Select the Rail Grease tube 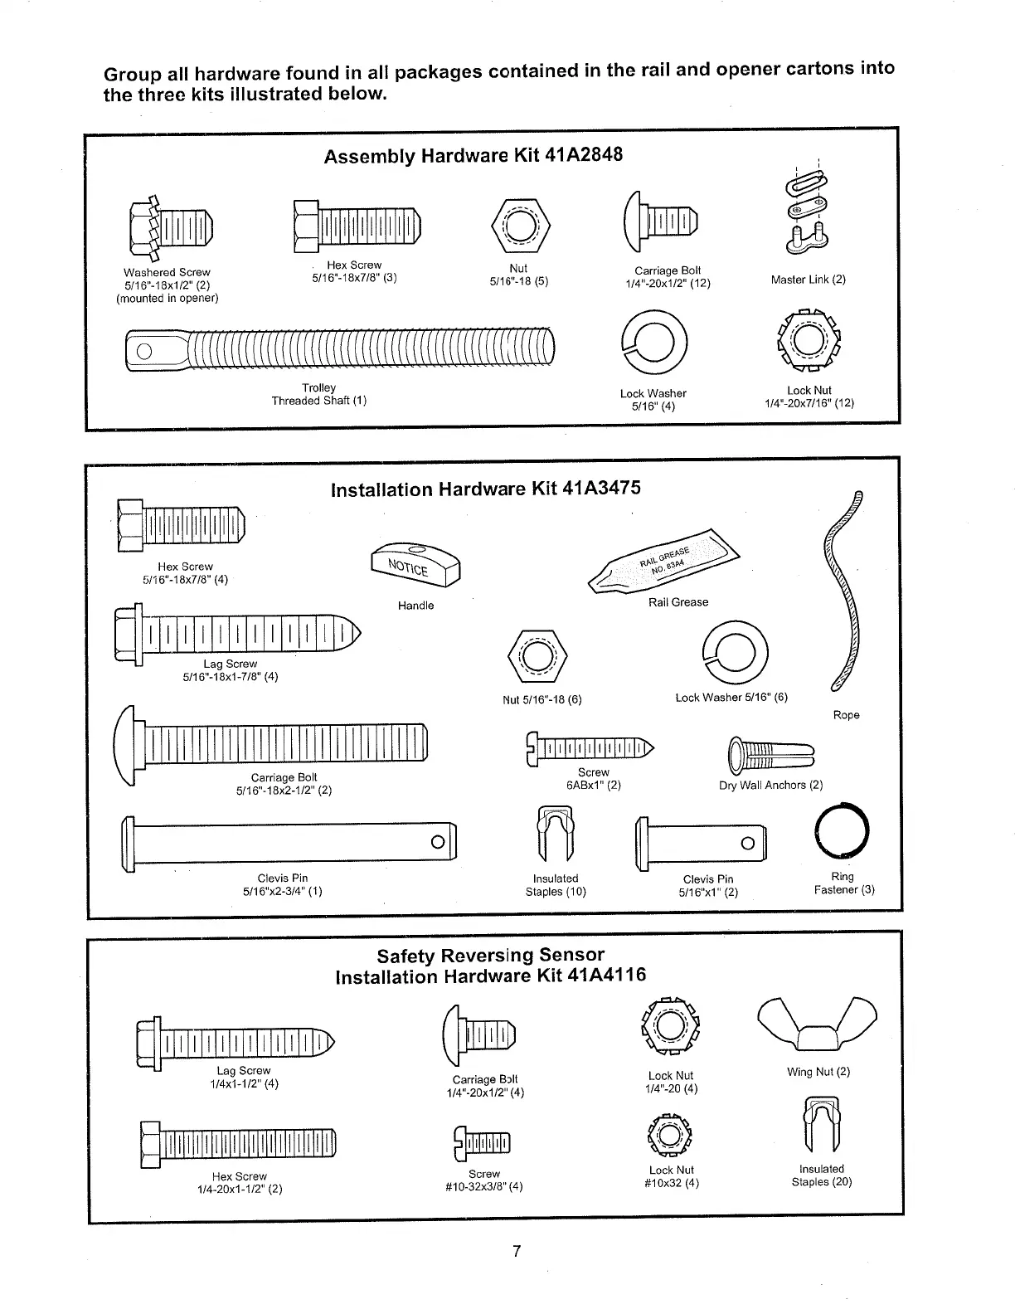pyautogui.click(x=663, y=562)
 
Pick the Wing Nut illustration pyautogui.click(x=818, y=1028)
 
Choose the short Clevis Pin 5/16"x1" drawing pyautogui.click(x=701, y=843)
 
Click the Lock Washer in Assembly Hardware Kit pyautogui.click(x=653, y=342)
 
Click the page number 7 pyautogui.click(x=516, y=1251)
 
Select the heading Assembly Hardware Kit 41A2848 pyautogui.click(x=473, y=156)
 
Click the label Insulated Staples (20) pyautogui.click(x=821, y=1175)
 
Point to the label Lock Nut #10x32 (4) pyautogui.click(x=672, y=1176)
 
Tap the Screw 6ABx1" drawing pyautogui.click(x=590, y=747)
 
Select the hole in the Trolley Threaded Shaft pyautogui.click(x=143, y=350)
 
